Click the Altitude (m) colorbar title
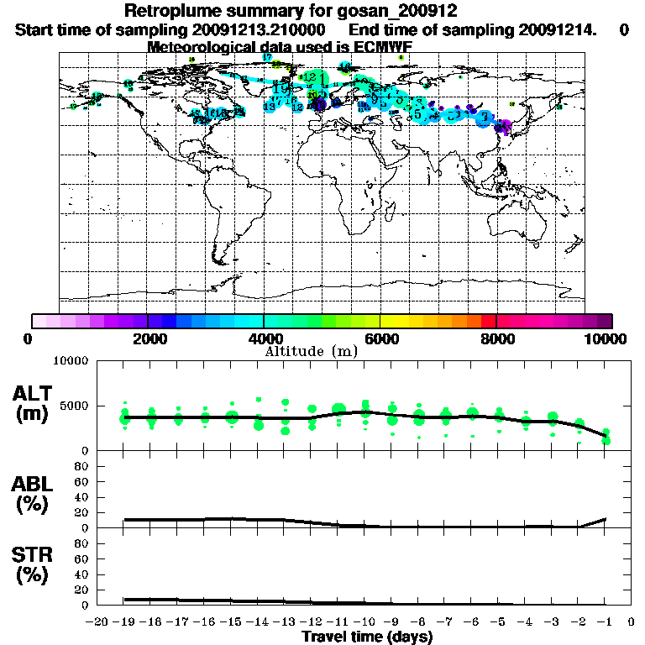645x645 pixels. tap(318, 350)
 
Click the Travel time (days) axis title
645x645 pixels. tap(367, 637)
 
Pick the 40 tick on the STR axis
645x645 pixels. tap(82, 574)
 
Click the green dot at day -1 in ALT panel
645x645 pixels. tap(606, 441)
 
